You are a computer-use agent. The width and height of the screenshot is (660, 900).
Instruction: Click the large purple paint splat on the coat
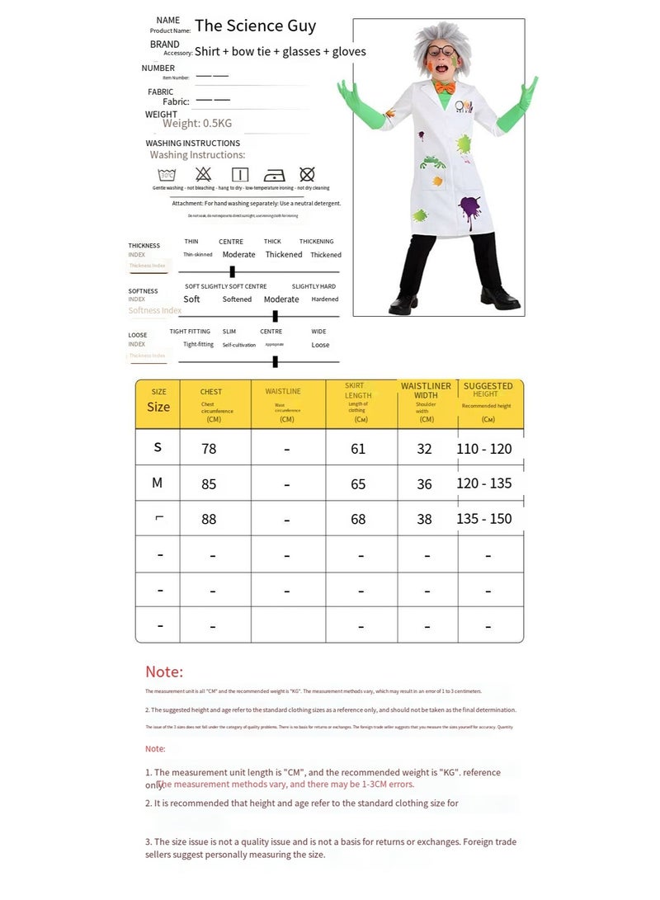point(469,207)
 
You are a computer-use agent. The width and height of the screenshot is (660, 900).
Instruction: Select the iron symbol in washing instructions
point(274,175)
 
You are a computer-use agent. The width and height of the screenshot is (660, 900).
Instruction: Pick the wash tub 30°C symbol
point(167,175)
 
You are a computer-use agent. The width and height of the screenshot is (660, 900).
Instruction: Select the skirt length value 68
point(358,520)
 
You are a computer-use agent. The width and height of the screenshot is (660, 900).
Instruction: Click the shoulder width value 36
point(424,484)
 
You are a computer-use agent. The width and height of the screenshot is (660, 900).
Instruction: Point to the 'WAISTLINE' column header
point(283,392)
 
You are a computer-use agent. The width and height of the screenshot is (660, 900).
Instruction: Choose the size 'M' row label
point(158,483)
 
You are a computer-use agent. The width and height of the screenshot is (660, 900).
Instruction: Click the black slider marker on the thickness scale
point(232,271)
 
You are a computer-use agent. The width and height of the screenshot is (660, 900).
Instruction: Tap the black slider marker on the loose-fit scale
point(275,361)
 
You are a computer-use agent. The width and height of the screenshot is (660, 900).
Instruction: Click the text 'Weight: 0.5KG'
point(197,124)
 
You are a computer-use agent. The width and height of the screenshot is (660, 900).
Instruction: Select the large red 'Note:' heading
point(164,672)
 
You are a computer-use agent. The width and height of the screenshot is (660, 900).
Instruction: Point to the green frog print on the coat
point(432,162)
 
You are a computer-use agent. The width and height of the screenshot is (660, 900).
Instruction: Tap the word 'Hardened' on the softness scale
point(325,299)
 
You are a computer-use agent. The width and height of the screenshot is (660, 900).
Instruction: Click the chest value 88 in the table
point(210,520)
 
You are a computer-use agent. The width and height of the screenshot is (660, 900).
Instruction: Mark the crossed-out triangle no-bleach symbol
point(203,174)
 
